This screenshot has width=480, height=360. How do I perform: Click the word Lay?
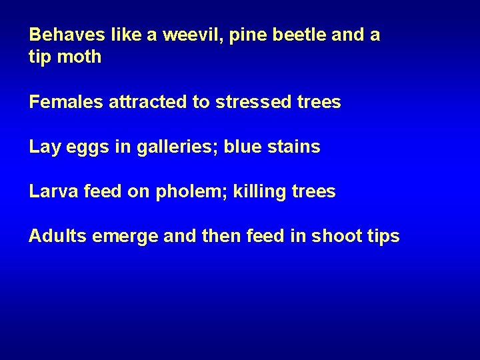(x=45, y=147)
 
